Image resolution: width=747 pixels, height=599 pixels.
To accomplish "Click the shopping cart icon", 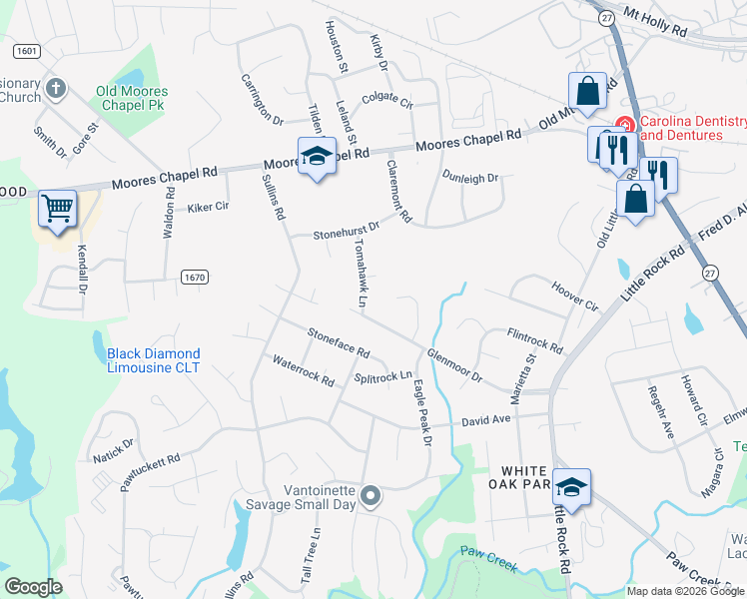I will [x=58, y=210].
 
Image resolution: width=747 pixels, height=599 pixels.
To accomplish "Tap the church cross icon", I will [x=55, y=89].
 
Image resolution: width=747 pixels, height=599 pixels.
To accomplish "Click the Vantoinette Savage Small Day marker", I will [x=371, y=495].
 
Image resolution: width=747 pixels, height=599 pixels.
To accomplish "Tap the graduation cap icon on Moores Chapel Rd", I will [x=317, y=157].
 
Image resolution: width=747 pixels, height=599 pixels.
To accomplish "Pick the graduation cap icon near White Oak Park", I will [x=571, y=487].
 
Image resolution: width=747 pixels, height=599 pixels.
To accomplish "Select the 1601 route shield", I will [x=27, y=50].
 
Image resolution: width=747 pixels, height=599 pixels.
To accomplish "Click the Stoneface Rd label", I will [x=339, y=343].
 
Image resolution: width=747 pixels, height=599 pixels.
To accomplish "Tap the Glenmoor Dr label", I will [x=454, y=365].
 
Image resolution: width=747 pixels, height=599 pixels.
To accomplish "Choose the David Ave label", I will [x=485, y=421].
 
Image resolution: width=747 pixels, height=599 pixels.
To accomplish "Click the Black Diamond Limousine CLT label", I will [x=154, y=360].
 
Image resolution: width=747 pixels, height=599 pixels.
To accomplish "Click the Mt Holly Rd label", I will [x=655, y=23].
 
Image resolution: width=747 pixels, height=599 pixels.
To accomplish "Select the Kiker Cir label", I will [x=209, y=209].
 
